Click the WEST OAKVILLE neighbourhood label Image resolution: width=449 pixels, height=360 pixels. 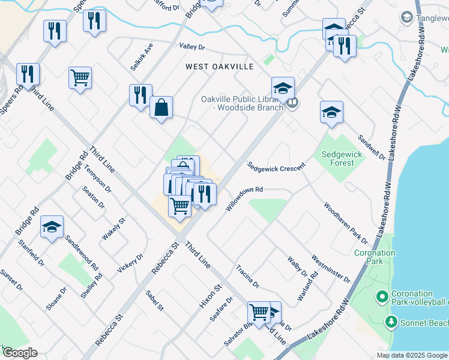click(x=219, y=67)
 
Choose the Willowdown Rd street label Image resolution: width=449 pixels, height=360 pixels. click(x=244, y=199)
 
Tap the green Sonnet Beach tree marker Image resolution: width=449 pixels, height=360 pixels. click(x=391, y=323)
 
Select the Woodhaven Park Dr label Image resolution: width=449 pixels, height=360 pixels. click(x=345, y=223)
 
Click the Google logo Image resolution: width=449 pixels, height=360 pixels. click(x=20, y=353)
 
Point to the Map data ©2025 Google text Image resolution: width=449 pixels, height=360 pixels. click(x=411, y=355)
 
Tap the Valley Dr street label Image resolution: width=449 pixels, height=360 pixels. click(x=192, y=47)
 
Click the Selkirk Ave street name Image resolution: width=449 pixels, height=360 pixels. click(x=142, y=55)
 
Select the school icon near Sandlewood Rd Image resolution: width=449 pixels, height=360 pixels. click(x=52, y=227)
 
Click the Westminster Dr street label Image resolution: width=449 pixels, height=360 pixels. click(x=331, y=268)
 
